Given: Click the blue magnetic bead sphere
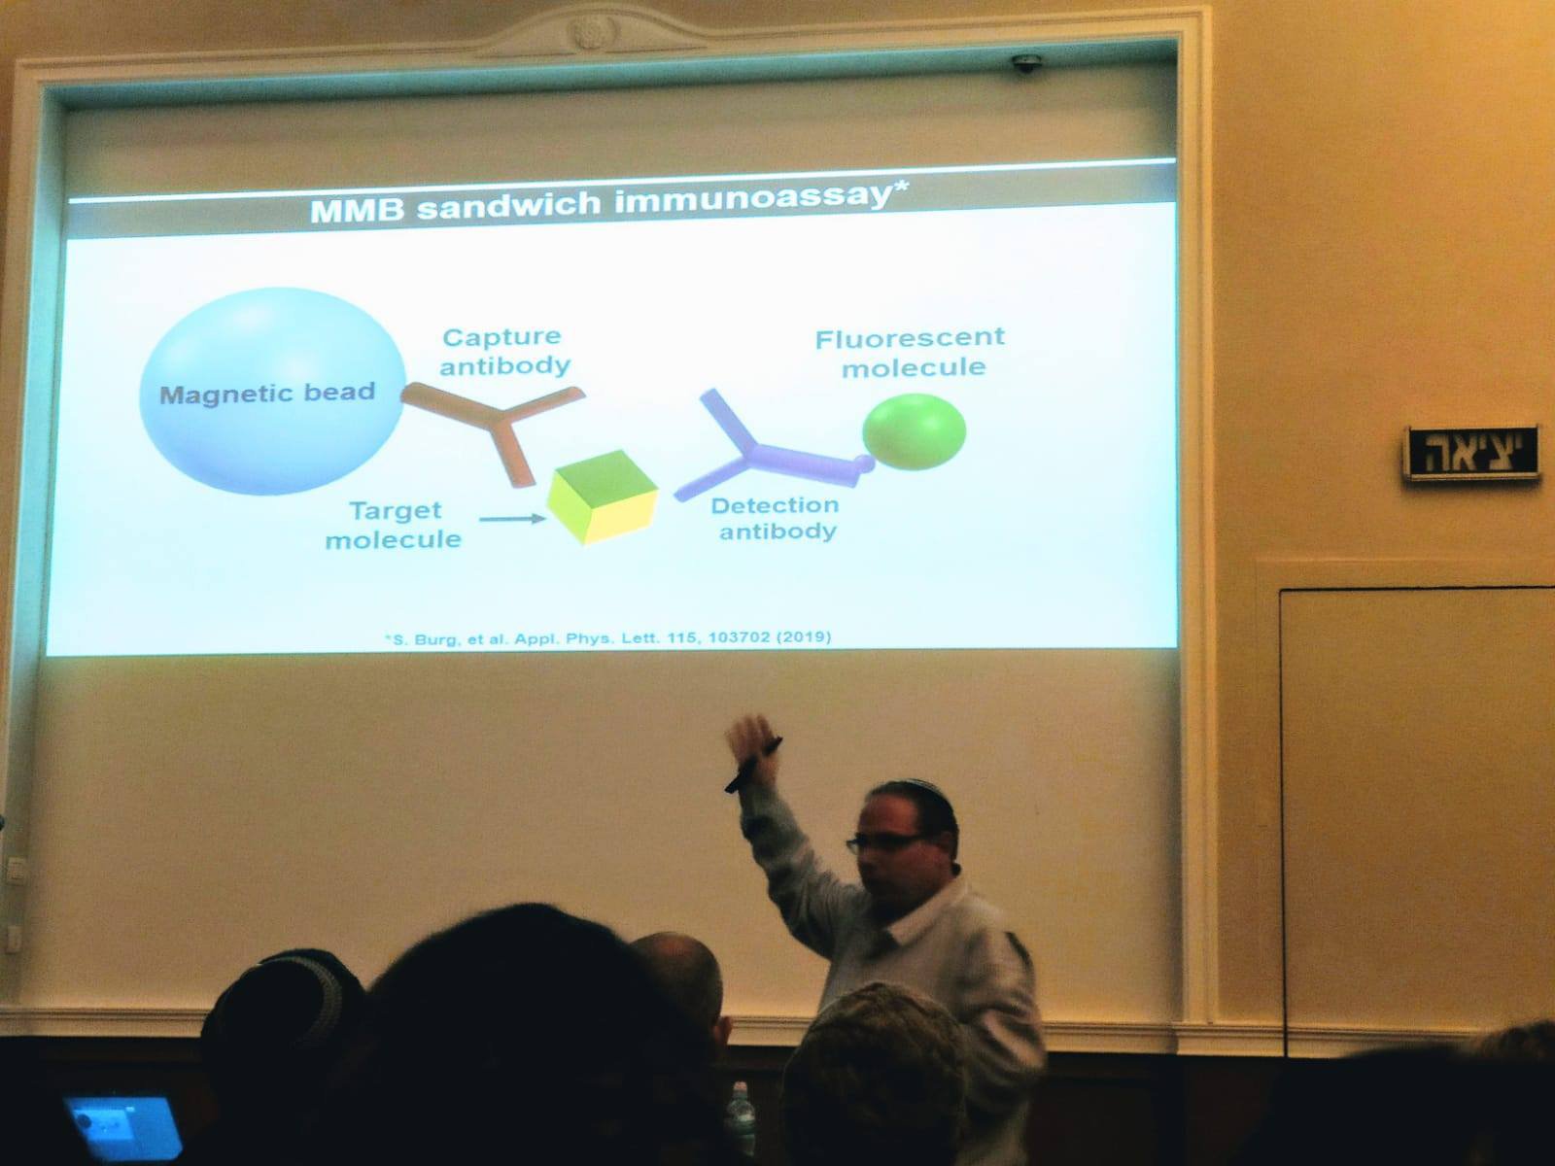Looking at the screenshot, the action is (273, 391).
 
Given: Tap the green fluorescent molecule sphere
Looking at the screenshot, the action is (914, 431).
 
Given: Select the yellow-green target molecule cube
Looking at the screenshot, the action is (603, 497).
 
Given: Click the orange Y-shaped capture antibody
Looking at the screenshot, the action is (501, 426).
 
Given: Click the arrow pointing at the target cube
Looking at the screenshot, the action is (511, 519).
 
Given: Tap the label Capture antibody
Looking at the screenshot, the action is (504, 351).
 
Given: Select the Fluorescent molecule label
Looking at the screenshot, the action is (911, 353).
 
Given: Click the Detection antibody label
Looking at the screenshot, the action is (776, 518).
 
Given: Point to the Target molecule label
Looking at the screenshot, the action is (394, 526).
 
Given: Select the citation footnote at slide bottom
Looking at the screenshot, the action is (607, 637).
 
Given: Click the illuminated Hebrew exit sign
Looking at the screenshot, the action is (1472, 453).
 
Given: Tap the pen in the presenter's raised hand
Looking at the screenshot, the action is (752, 766).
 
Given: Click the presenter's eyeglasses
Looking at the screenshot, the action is (885, 841).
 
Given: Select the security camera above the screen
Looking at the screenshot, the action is (1026, 64).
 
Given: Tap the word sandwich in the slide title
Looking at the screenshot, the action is (508, 205).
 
